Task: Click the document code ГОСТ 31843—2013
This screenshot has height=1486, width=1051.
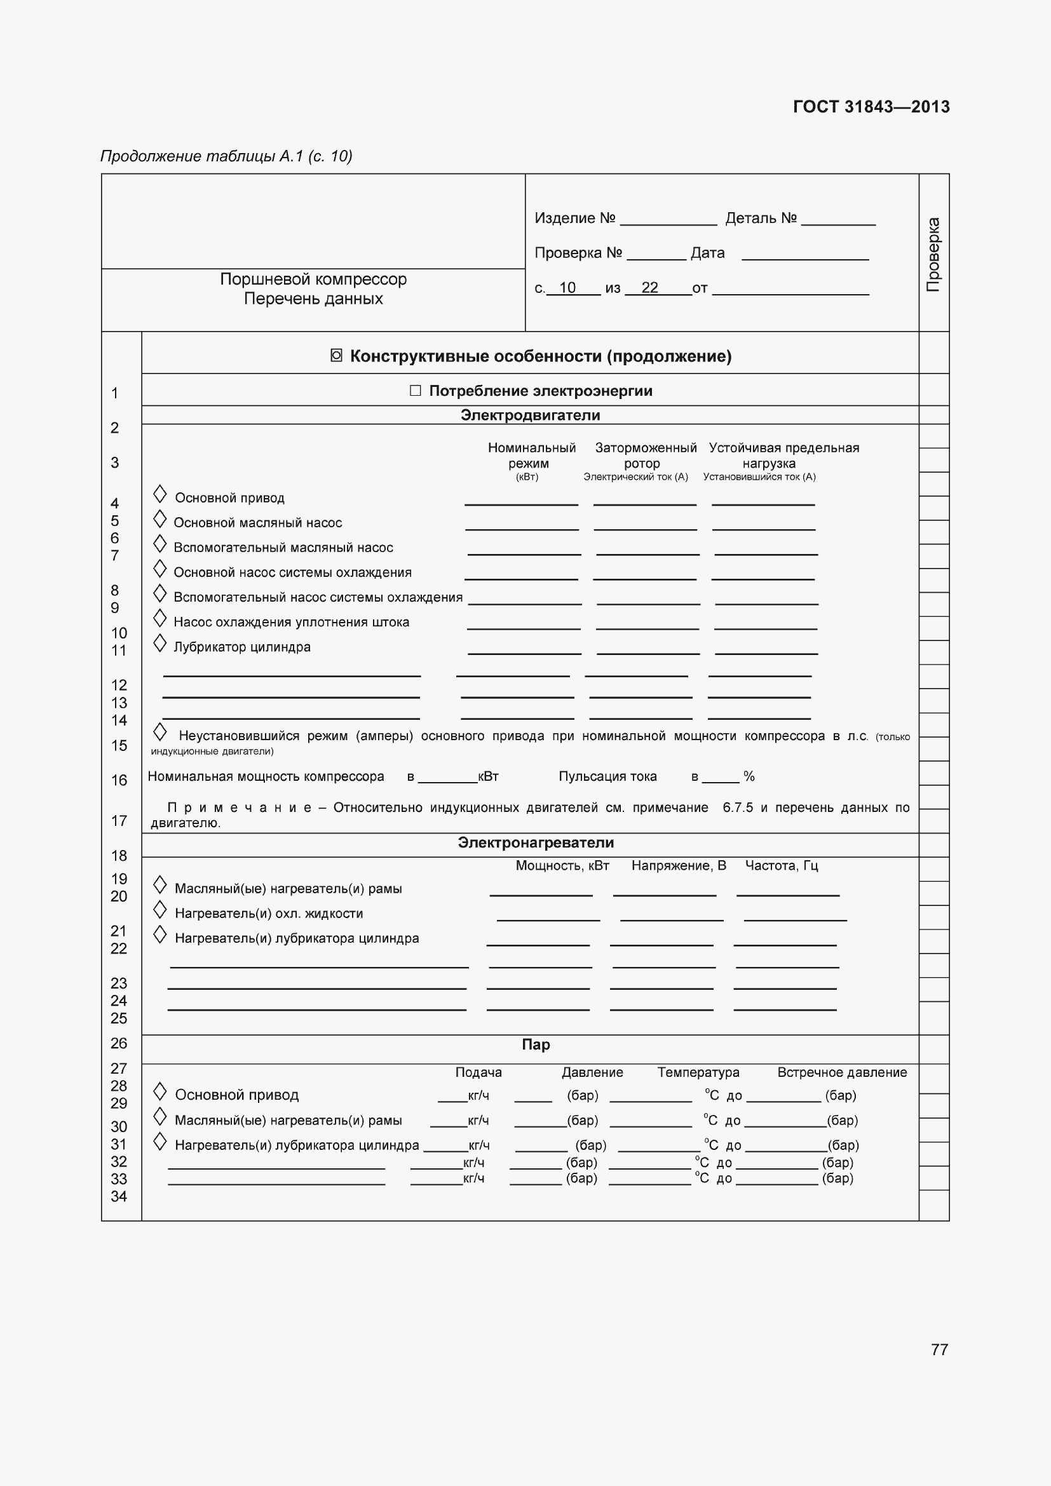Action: (x=871, y=107)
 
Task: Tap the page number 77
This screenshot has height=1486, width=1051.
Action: (x=939, y=1349)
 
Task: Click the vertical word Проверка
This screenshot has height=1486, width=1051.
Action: (x=933, y=254)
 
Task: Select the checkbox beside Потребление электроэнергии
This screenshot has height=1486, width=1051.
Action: (x=416, y=390)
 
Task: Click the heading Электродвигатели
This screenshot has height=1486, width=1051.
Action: (x=530, y=415)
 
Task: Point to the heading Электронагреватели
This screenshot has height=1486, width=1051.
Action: (x=535, y=842)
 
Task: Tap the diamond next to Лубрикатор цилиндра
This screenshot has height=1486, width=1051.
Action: (x=160, y=644)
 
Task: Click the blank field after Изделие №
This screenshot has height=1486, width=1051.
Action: (x=668, y=219)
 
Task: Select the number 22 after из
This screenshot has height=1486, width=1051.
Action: (x=649, y=287)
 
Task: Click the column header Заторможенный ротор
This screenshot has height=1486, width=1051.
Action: (x=645, y=455)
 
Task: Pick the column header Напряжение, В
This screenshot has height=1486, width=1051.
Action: (x=678, y=865)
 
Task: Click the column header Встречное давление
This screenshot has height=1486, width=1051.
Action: (x=841, y=1072)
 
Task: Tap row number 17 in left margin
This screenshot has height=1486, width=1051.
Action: (x=119, y=821)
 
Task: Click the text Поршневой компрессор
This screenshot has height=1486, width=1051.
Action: (x=313, y=279)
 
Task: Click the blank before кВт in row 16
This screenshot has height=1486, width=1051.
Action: (x=447, y=776)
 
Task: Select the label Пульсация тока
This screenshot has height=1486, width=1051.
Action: (x=607, y=776)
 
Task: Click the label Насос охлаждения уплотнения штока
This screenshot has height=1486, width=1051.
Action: (x=291, y=622)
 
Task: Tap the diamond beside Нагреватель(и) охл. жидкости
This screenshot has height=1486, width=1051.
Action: (x=160, y=910)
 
